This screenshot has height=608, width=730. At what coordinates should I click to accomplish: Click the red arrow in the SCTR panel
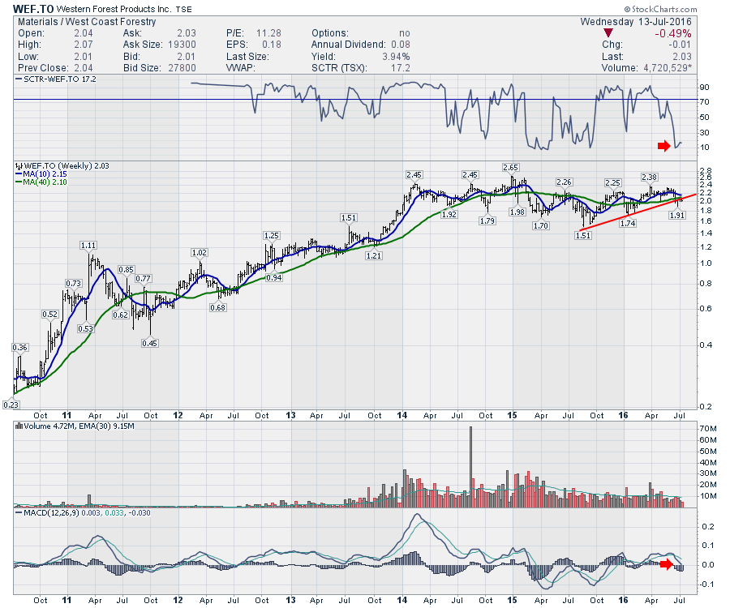tap(664, 145)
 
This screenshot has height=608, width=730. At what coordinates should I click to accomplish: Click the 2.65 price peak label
tap(510, 168)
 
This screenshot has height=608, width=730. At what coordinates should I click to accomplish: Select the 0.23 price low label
tap(11, 405)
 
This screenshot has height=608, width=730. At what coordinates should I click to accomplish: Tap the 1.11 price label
tap(88, 245)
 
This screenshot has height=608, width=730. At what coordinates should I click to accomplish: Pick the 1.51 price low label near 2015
tap(582, 236)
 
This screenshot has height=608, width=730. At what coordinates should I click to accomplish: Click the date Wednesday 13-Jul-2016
tap(638, 21)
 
